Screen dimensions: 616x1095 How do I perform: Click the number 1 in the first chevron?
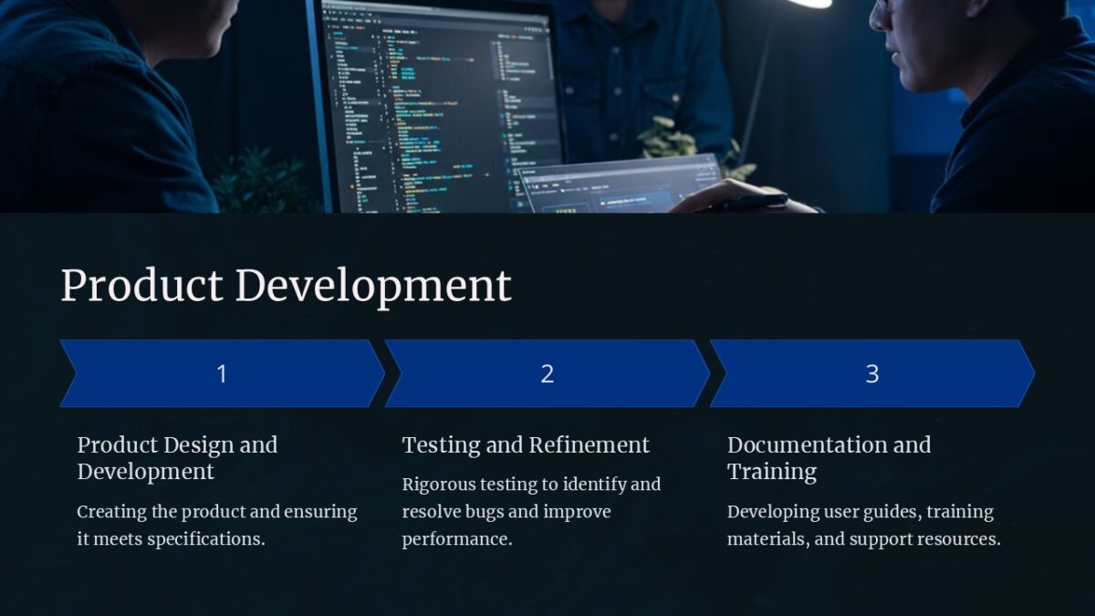click(x=221, y=373)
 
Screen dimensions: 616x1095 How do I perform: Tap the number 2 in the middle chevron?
click(x=547, y=373)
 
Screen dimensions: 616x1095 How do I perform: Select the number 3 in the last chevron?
click(x=871, y=373)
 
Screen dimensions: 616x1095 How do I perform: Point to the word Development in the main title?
click(x=373, y=286)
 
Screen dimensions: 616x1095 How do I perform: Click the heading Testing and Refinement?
click(x=526, y=444)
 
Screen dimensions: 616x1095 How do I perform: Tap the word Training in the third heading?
click(x=772, y=472)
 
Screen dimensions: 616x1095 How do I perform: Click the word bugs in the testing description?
click(x=516, y=512)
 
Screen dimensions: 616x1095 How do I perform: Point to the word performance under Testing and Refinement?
click(x=456, y=539)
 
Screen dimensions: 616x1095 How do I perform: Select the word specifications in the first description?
click(x=205, y=539)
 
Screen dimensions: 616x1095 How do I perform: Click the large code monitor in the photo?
click(x=438, y=100)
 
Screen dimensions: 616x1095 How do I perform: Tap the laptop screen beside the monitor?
click(x=620, y=187)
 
